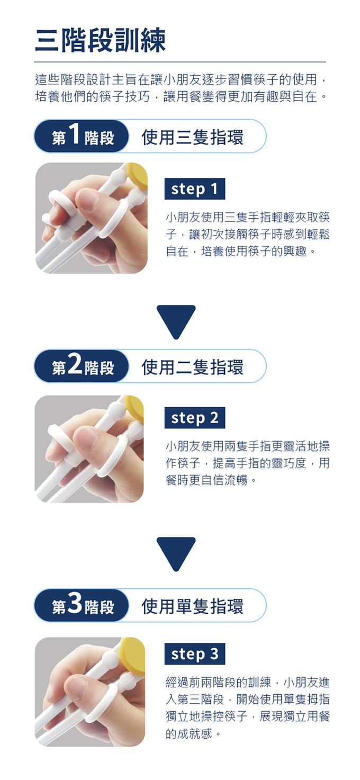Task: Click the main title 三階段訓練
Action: tap(100, 40)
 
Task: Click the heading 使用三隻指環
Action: tap(193, 137)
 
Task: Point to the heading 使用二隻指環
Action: tap(193, 366)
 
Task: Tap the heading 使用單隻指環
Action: tap(193, 606)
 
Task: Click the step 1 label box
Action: tap(195, 189)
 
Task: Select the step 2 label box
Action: tap(195, 418)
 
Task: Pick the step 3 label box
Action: tap(195, 654)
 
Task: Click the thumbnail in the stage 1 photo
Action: tap(87, 200)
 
